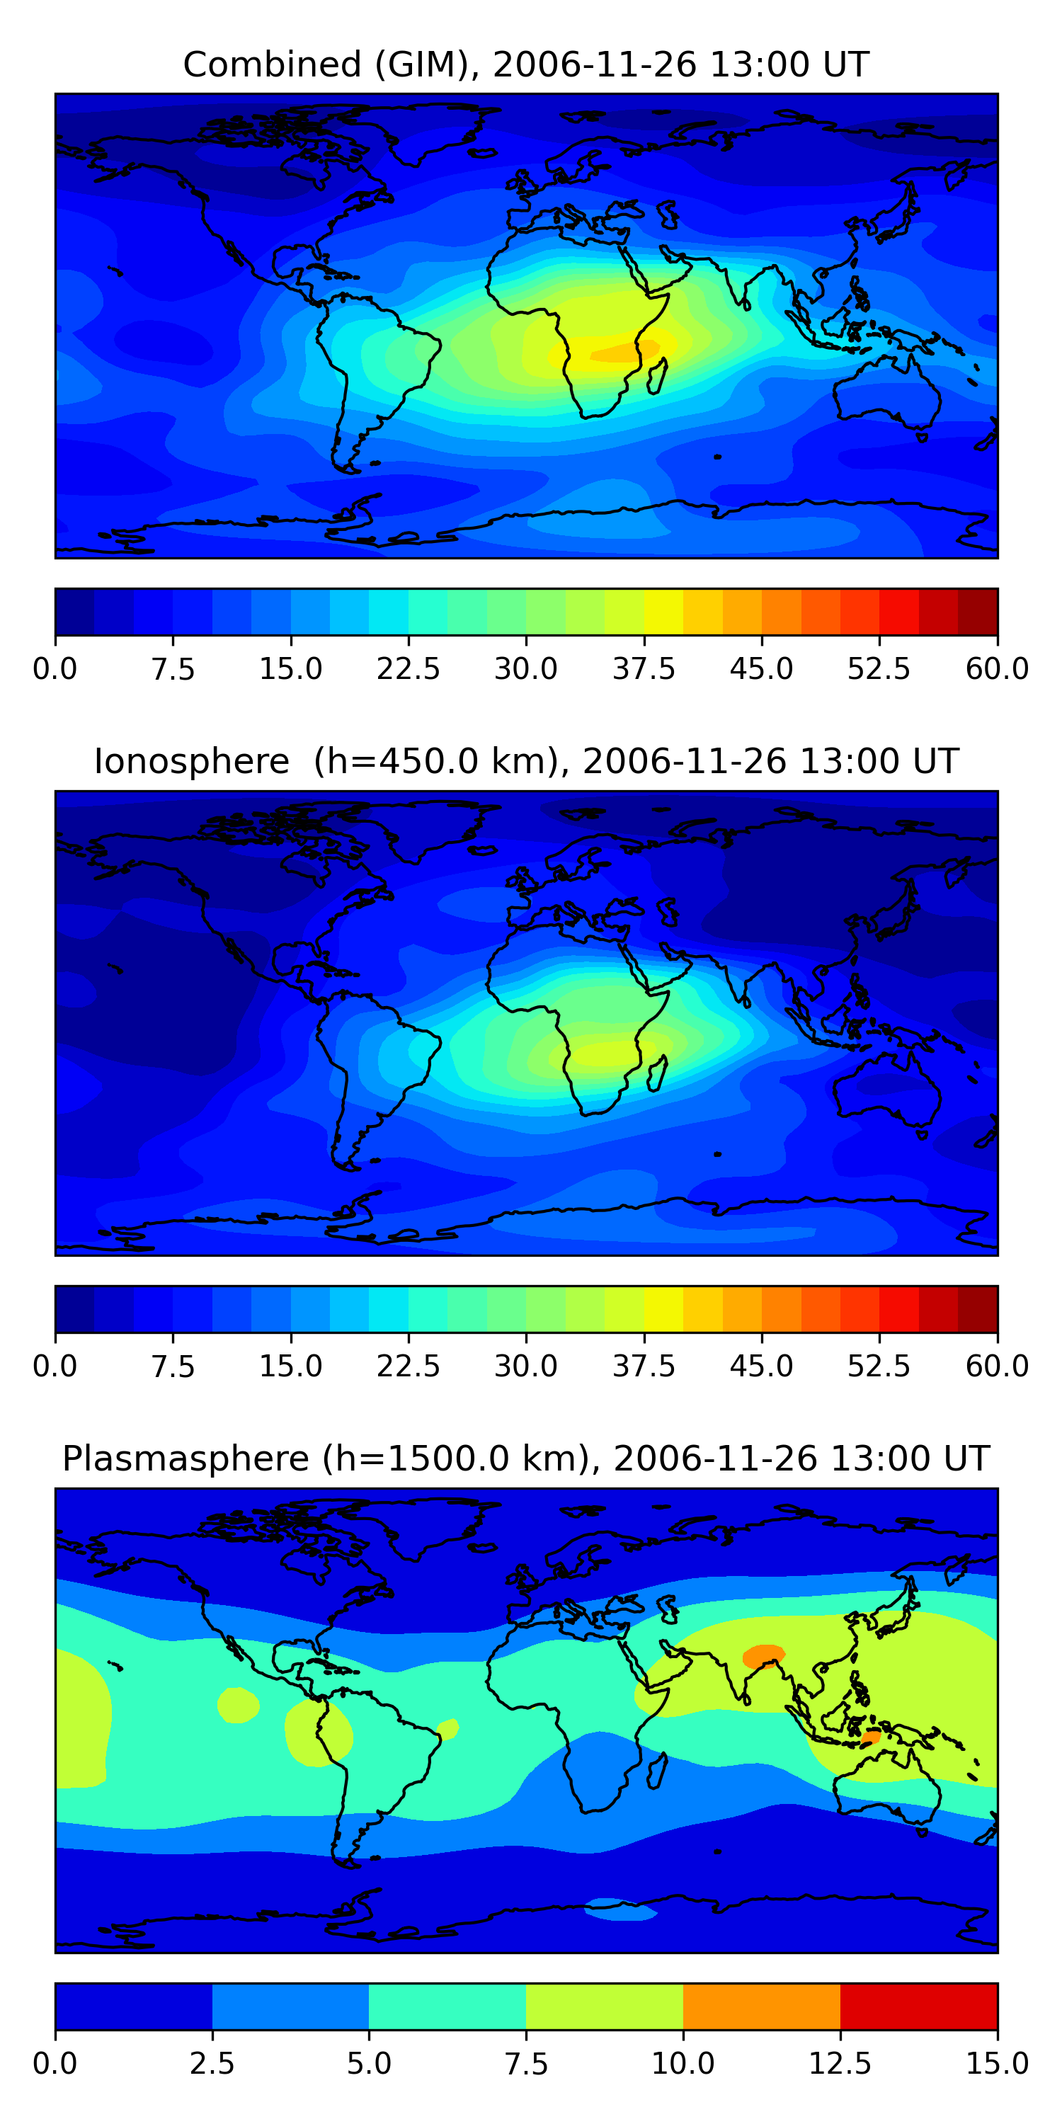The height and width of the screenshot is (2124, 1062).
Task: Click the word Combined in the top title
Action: (x=272, y=64)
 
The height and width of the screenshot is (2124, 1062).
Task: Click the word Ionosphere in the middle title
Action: (x=191, y=761)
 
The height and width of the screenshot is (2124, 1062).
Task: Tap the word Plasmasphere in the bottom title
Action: (x=185, y=1458)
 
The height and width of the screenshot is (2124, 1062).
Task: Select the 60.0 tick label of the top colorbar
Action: (x=997, y=668)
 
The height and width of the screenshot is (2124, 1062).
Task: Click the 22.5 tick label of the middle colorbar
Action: (x=408, y=1366)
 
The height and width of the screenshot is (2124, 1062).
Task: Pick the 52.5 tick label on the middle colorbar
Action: (x=879, y=1366)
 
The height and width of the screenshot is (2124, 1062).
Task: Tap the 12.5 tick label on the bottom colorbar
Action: (x=840, y=2064)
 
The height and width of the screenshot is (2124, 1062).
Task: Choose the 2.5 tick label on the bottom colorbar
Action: (x=212, y=2064)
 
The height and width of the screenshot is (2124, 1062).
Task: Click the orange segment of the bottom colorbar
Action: (x=761, y=2006)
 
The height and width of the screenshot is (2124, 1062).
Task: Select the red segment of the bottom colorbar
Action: (x=918, y=2006)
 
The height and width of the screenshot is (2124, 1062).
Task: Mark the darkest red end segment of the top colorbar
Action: (x=978, y=612)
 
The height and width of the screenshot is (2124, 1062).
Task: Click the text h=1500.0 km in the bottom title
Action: (x=457, y=1458)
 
